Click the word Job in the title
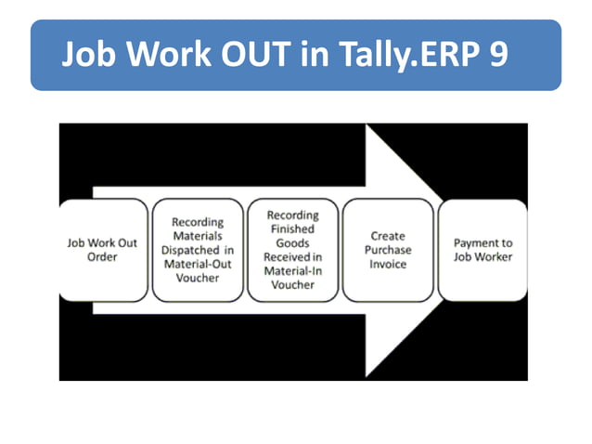coord(88,56)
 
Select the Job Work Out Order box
coord(102,250)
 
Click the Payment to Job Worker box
coord(483,250)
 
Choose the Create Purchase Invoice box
coord(388,250)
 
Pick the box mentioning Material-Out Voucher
coord(197,250)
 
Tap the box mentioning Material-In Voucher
coord(292,250)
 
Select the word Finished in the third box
coord(291,229)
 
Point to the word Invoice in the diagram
coord(388,264)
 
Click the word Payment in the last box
coord(483,242)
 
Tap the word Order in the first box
coord(102,257)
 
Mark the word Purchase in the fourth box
coord(388,250)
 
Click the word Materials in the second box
coord(197,236)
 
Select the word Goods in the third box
coord(291,242)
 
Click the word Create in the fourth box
coord(388,236)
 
